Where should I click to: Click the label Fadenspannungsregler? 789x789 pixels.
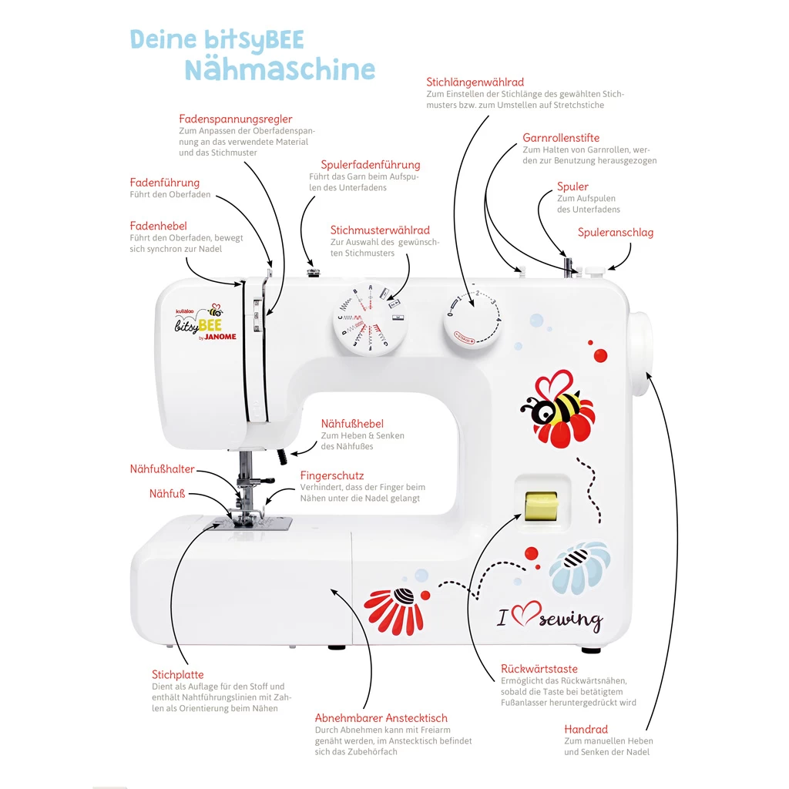coord(236,119)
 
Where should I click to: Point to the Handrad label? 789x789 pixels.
coord(586,729)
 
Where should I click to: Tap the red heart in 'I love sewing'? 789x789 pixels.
coord(524,614)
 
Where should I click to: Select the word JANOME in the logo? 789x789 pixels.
coord(220,337)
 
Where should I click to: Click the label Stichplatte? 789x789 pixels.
coord(178,675)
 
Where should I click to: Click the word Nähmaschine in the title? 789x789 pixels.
coord(280,69)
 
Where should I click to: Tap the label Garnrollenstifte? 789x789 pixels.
coord(561,138)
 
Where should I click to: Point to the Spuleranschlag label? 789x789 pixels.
coord(616,232)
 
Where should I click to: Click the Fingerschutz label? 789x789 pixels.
coord(332,475)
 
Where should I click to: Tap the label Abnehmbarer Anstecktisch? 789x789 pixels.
coord(381,718)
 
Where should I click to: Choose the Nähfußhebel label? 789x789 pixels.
coord(352,424)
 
